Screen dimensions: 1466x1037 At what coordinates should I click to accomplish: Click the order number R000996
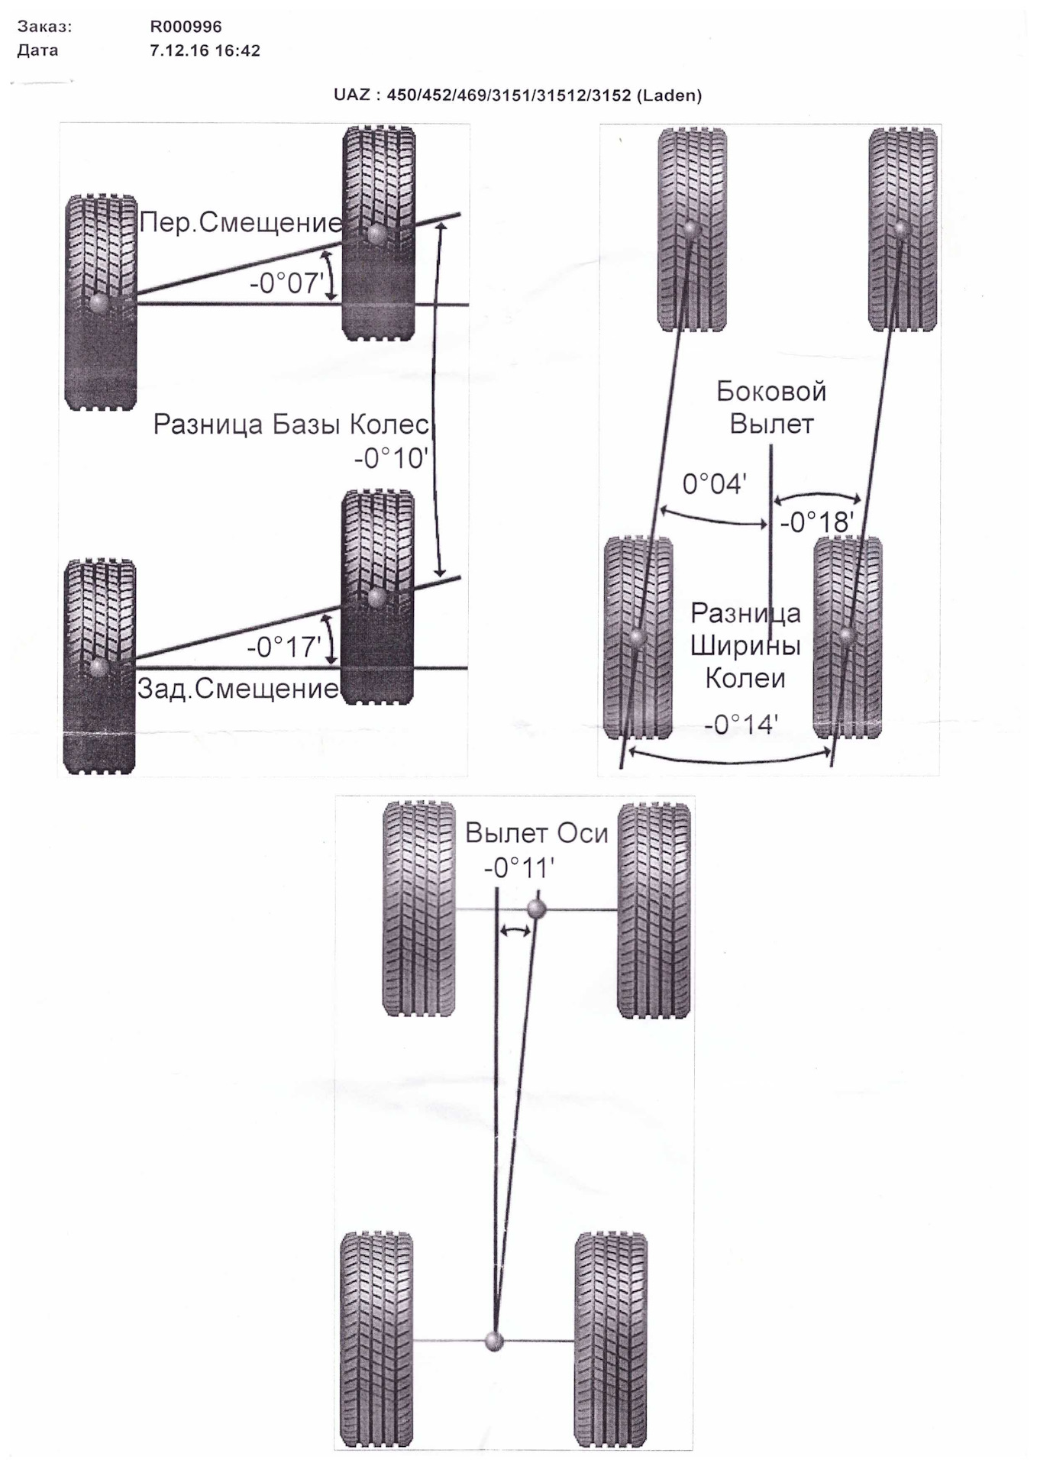186,27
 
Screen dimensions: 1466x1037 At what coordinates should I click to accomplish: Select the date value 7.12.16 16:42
205,51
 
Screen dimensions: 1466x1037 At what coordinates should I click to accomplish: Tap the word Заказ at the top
44,27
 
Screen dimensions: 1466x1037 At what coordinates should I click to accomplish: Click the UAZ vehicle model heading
517,95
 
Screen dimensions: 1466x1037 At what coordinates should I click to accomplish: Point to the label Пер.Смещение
241,223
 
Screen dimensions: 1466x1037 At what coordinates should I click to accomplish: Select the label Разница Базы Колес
291,425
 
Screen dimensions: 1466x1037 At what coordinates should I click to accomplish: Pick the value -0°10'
391,459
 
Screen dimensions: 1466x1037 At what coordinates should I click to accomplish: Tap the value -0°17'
283,647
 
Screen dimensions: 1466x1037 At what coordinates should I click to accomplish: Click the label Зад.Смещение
237,689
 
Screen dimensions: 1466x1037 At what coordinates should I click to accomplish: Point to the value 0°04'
714,484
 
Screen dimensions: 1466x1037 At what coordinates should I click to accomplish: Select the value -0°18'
816,523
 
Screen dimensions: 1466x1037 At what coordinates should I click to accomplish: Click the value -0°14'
741,724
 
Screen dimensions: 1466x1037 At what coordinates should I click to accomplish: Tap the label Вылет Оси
536,833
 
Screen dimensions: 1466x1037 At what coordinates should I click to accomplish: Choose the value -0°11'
518,868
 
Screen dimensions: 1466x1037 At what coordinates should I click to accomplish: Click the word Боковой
771,392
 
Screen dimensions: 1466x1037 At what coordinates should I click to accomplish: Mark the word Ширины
745,646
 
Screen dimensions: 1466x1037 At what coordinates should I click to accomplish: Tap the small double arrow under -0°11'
515,930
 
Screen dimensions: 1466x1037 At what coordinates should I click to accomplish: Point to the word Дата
37,51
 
